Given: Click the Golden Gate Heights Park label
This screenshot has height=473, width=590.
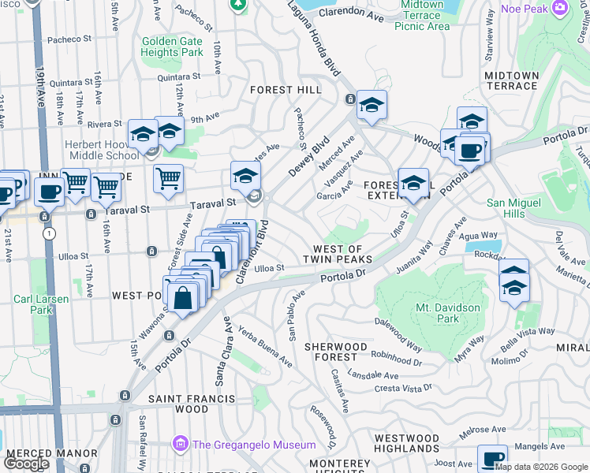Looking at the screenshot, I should [x=172, y=47].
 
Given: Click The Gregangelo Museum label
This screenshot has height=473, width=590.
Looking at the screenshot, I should [x=254, y=445].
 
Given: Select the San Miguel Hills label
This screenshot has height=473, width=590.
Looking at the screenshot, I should [x=517, y=208].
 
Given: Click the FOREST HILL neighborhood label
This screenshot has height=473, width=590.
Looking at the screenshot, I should [x=286, y=90].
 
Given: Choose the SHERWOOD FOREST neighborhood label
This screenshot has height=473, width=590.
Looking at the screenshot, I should [x=336, y=352].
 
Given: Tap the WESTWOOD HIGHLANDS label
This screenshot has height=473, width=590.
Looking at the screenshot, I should [x=406, y=443].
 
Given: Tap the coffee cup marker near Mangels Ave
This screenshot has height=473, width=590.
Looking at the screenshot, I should [x=492, y=458].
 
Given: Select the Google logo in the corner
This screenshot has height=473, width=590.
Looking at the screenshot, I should [x=26, y=464].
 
